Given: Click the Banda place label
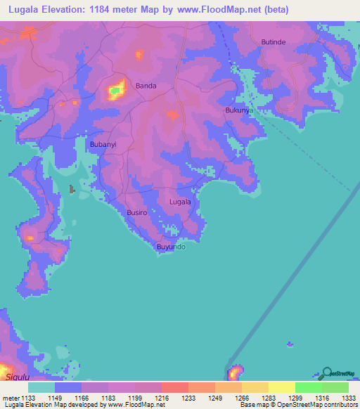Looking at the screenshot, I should tap(146, 86).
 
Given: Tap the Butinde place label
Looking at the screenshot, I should tap(274, 42).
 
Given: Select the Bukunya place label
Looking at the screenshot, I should tap(238, 110).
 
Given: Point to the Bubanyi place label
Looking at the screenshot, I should tap(103, 144).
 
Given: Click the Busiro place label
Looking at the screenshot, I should tap(136, 212).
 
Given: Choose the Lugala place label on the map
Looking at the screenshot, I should tap(180, 202).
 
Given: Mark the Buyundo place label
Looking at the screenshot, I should tap(171, 247).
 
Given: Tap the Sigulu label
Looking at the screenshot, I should tap(18, 377).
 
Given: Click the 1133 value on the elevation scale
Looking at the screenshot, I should tap(28, 398).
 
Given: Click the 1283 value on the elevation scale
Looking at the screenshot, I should tap(242, 398).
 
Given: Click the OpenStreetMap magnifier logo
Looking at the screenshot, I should tap(326, 373).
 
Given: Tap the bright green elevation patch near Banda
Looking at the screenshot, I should tap(114, 91).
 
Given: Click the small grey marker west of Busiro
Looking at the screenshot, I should tap(72, 189).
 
